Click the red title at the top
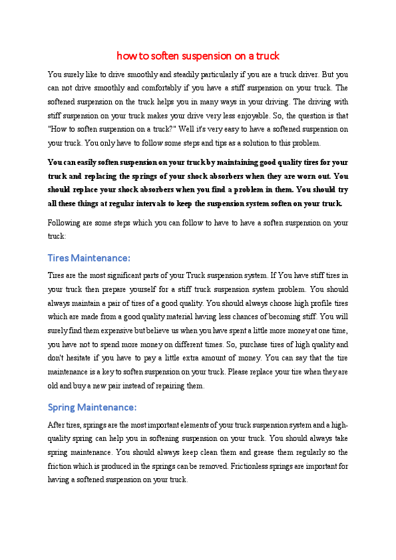click(x=198, y=55)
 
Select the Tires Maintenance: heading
click(x=89, y=257)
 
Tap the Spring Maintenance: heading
click(x=93, y=406)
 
